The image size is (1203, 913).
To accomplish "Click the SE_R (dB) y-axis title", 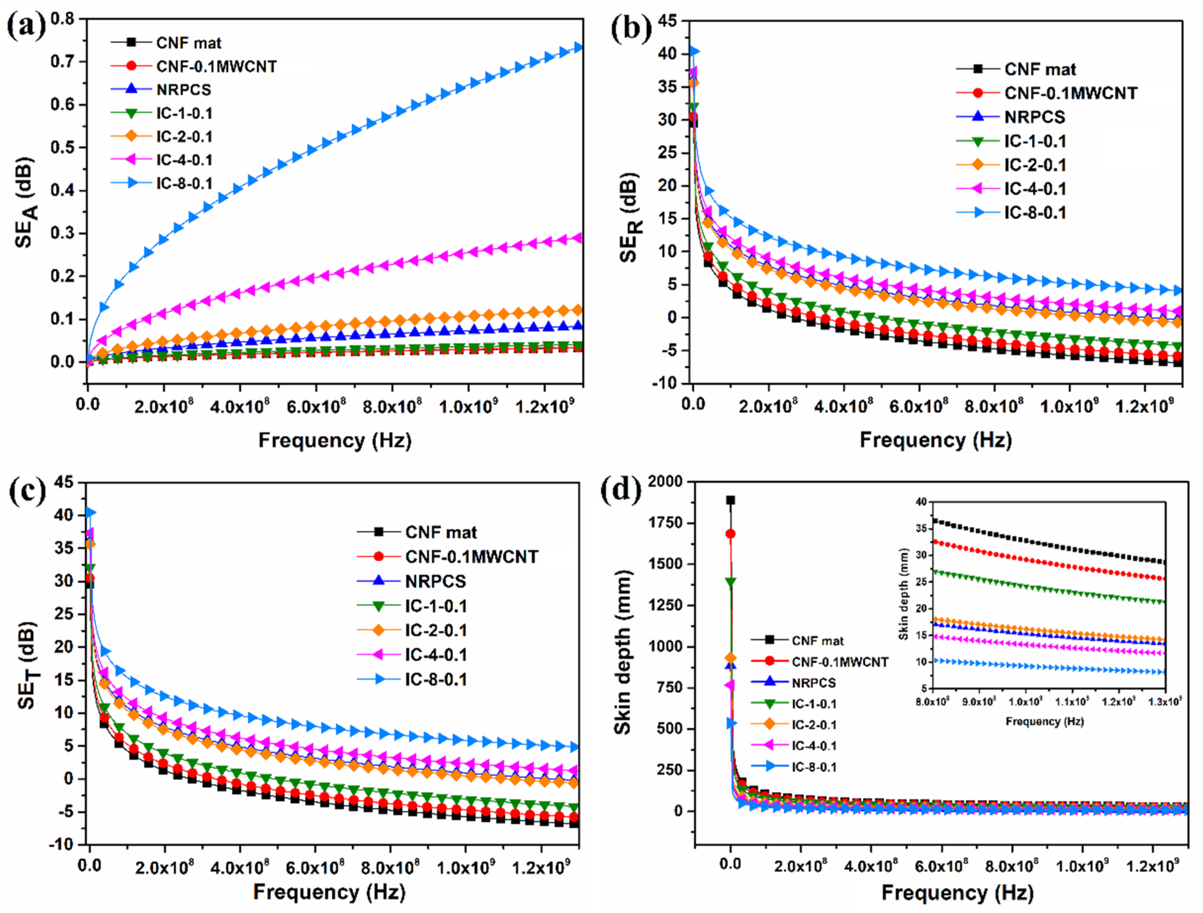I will (x=631, y=218).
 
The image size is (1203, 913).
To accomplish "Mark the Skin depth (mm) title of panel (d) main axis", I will (x=623, y=653).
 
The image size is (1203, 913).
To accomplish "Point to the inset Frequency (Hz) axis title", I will (x=1044, y=722).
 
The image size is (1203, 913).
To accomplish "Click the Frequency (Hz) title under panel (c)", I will (x=329, y=892).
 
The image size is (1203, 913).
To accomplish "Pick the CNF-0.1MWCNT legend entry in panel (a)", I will (x=216, y=66).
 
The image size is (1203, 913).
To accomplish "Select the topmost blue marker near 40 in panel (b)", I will (x=694, y=51).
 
